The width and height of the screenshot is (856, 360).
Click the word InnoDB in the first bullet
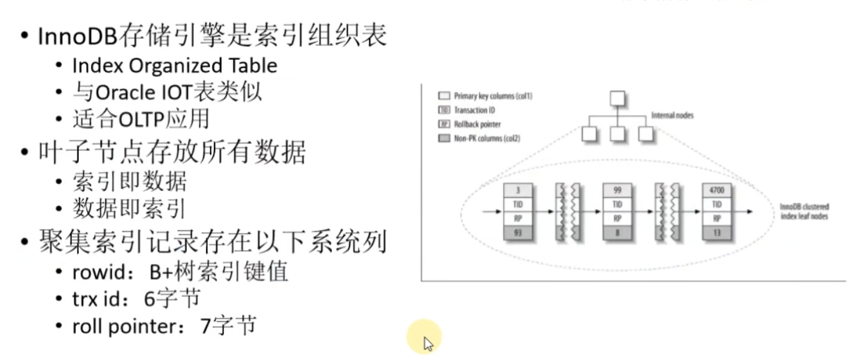point(76,36)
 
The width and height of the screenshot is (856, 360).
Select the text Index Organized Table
point(175,66)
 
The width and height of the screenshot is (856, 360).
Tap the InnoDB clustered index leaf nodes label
point(804,212)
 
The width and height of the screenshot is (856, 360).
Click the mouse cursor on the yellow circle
point(427,343)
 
